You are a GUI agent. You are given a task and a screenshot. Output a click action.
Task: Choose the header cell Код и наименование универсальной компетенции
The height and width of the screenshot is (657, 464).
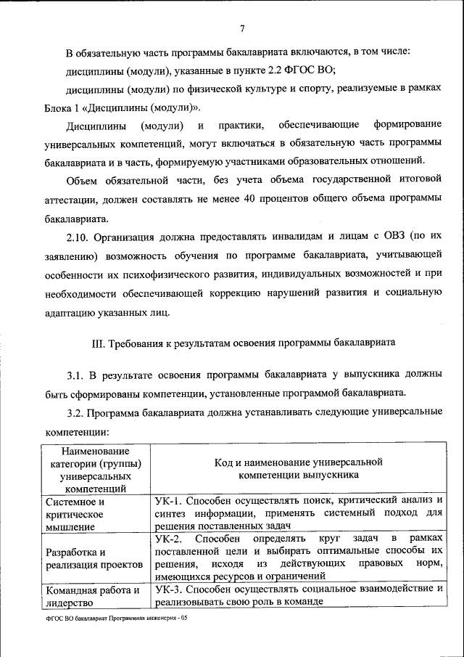298,468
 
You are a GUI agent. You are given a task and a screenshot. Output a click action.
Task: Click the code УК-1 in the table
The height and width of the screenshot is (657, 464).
171,501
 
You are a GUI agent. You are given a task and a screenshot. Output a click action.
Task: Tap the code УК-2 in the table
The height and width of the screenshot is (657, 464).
171,538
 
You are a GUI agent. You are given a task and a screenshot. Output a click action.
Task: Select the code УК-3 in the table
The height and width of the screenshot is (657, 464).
171,589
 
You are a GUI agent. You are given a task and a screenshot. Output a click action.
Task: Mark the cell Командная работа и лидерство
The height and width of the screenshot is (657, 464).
91,595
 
